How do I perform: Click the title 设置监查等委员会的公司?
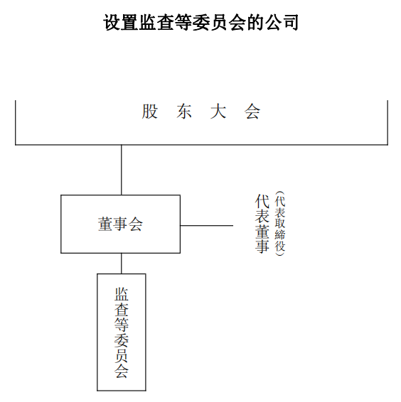(200, 23)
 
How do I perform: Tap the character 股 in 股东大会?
(150, 112)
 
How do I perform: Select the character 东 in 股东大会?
(184, 112)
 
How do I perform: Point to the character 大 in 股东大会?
(218, 112)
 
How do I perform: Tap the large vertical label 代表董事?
(262, 224)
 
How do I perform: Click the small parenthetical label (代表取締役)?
(280, 224)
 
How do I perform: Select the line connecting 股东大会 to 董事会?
(121, 170)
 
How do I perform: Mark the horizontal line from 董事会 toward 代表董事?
(207, 226)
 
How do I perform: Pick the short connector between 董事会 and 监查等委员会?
(121, 264)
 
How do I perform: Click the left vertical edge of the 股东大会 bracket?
(16, 123)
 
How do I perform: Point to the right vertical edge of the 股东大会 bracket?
(387, 123)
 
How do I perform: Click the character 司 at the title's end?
(290, 23)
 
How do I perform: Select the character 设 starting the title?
(112, 23)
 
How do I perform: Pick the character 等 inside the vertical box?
(122, 325)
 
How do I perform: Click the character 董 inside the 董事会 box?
(105, 224)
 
